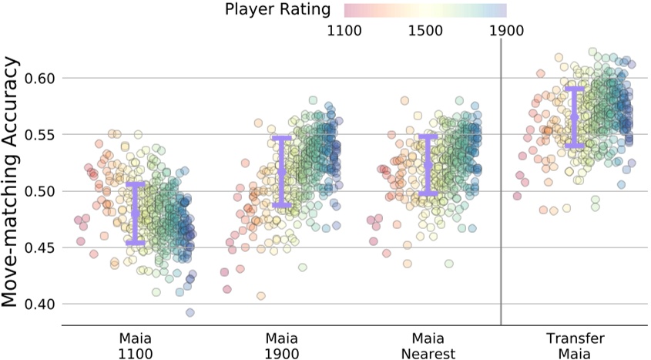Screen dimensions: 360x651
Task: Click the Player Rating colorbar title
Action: tap(278, 10)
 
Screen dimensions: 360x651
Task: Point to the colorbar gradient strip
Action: tap(424, 10)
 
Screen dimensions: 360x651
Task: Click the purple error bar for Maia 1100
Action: tap(136, 214)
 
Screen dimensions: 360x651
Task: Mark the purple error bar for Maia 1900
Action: tap(282, 171)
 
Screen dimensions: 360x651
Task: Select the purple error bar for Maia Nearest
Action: tap(429, 165)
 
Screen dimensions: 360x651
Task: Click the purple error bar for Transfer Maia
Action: tap(575, 117)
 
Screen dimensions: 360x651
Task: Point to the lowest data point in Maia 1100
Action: tap(190, 312)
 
